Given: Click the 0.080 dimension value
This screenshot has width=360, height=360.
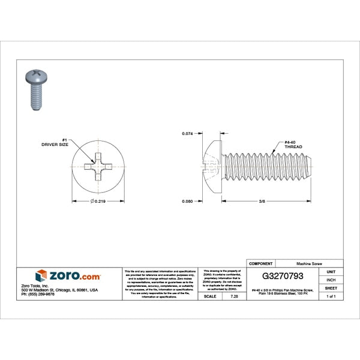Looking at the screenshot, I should (x=188, y=202).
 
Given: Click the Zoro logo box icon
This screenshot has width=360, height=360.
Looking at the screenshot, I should (x=41, y=276).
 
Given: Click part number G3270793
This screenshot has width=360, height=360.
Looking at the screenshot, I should (x=287, y=277).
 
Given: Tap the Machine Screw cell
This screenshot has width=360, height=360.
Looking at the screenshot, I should (x=311, y=263).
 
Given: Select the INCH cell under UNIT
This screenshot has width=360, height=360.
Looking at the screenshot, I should (x=331, y=280).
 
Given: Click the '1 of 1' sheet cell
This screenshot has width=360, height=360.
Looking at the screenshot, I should (x=331, y=296).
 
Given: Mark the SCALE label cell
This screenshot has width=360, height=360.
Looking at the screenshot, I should (x=210, y=296).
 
